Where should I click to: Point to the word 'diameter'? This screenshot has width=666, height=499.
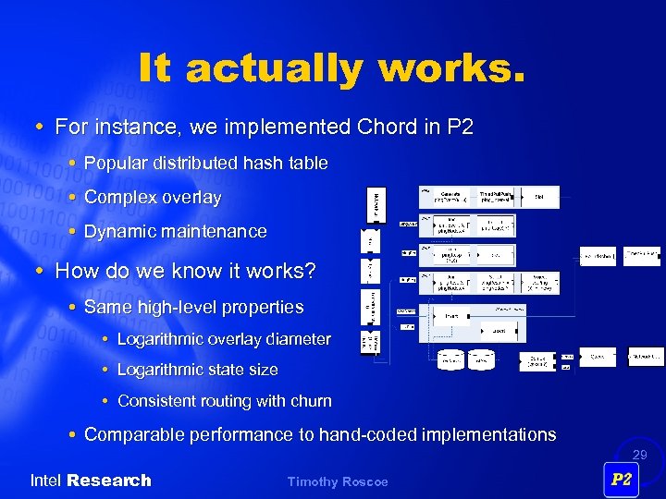298,339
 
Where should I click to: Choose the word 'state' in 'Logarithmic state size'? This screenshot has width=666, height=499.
224,370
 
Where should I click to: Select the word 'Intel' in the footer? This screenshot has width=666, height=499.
46,481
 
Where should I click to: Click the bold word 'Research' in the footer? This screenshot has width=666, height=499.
109,481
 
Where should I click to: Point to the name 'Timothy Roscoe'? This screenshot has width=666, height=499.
338,481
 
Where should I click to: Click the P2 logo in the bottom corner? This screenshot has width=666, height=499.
621,480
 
